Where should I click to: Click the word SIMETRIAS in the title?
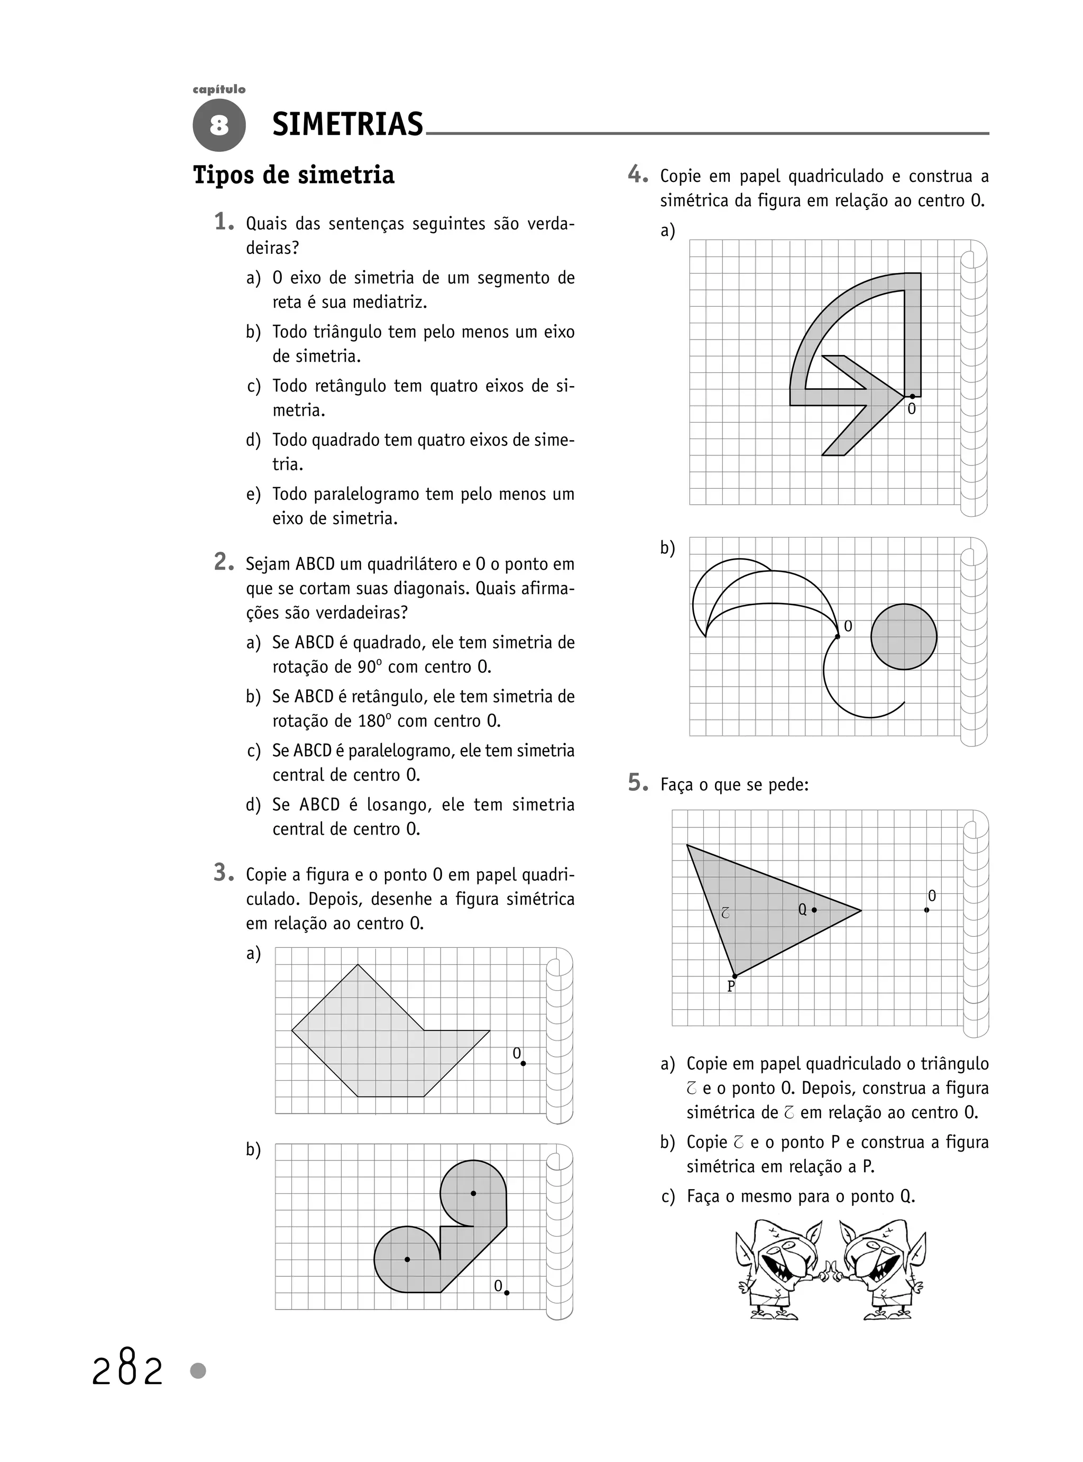347,124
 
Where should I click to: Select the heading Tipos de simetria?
293,175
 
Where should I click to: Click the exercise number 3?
223,873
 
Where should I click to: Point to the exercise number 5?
637,782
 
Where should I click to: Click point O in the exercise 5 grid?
926,910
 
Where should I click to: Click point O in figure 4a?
912,396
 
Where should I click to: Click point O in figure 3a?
523,1063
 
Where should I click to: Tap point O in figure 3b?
507,1293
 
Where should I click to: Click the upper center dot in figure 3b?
473,1193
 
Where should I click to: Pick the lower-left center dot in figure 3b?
407,1259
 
